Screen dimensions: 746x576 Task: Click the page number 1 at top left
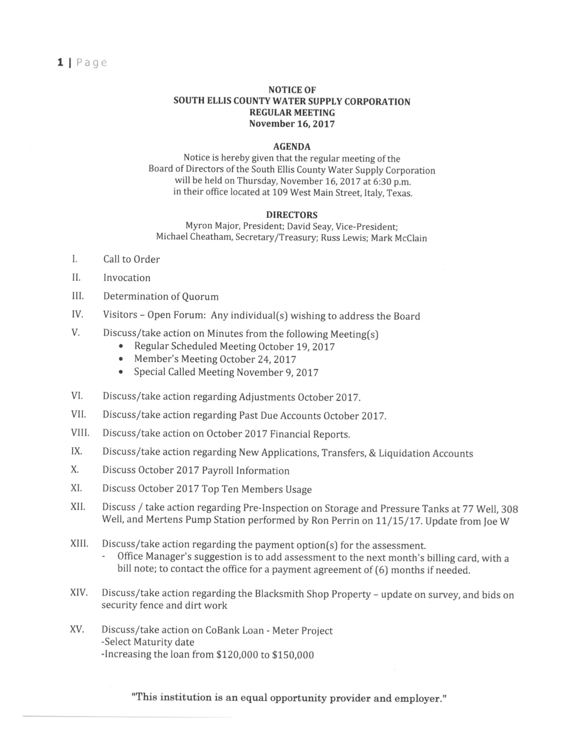pyautogui.click(x=60, y=62)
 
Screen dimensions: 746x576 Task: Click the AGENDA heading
pyautogui.click(x=292, y=146)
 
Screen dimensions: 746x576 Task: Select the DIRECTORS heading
pyautogui.click(x=291, y=215)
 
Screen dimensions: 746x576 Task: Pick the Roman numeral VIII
pyautogui.click(x=80, y=433)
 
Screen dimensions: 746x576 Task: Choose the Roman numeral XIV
pyautogui.click(x=79, y=593)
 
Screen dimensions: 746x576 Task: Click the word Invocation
pyautogui.click(x=127, y=278)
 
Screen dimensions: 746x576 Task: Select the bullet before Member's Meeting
pyautogui.click(x=121, y=360)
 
